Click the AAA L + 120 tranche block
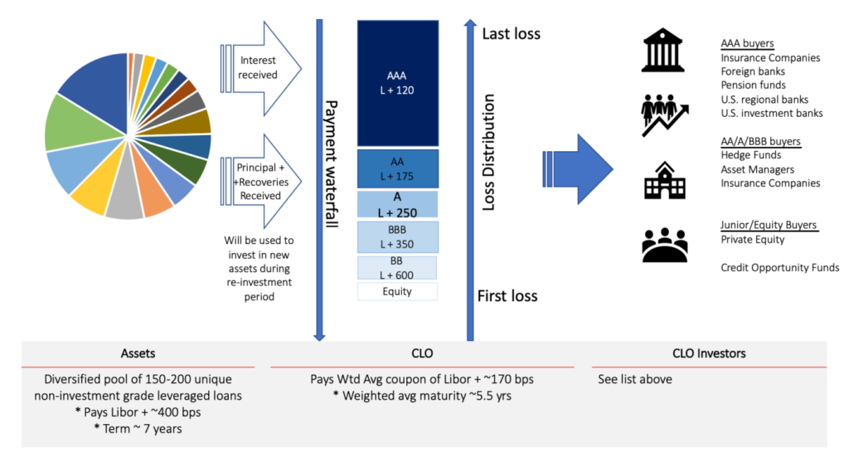point(397,80)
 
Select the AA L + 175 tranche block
point(397,168)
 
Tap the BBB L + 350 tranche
point(397,237)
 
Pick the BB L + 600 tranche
point(397,268)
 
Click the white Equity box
point(397,291)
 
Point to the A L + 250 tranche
point(397,204)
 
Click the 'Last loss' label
point(511,34)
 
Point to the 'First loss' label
point(507,296)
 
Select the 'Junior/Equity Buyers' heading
point(769,225)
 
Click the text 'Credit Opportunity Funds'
point(779,267)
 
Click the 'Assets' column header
point(137,353)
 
